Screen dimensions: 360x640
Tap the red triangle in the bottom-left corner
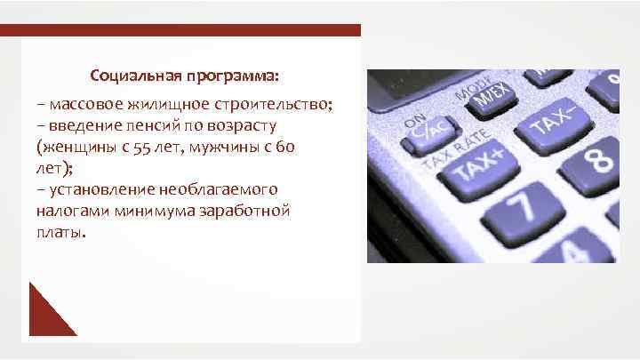pos(46,315)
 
